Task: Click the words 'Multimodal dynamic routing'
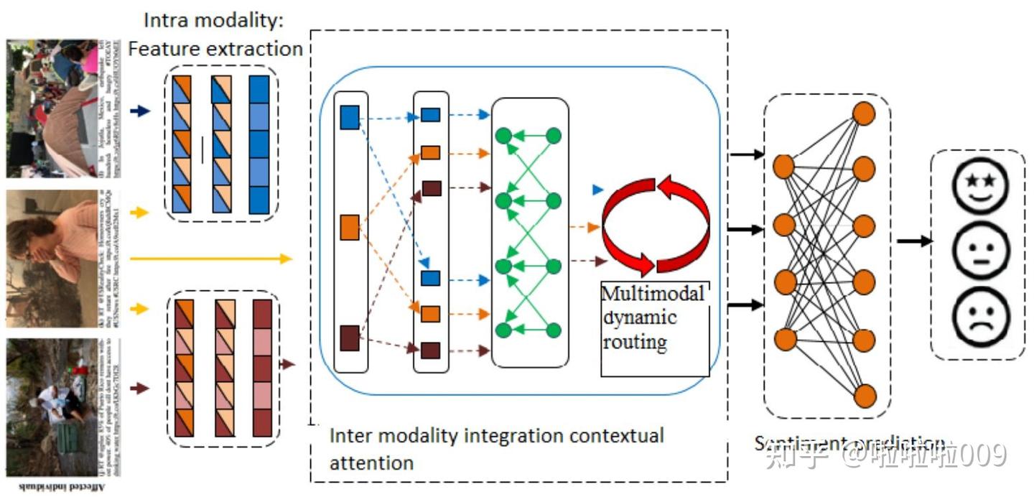653,317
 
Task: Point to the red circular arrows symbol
656,224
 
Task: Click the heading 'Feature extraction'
215,49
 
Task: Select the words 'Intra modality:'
214,19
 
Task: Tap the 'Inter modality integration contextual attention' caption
495,448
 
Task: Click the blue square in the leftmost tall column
350,117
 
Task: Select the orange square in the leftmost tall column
350,226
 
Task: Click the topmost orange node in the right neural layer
864,113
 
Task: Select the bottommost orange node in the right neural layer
865,396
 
